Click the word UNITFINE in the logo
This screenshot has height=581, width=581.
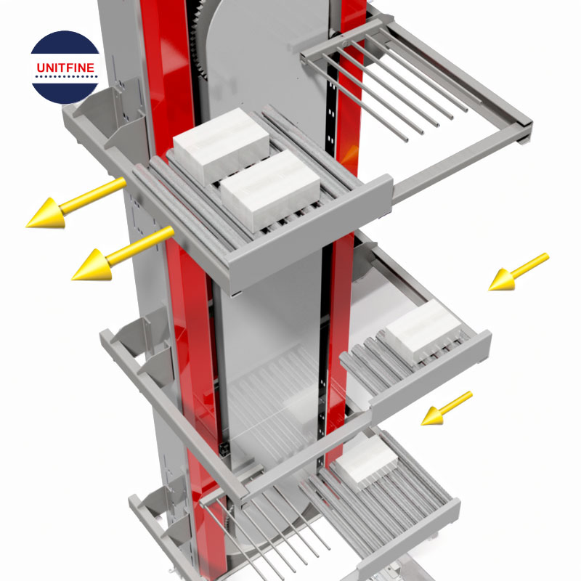click(65, 68)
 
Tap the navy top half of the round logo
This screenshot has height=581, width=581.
click(65, 46)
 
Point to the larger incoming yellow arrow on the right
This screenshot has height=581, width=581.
click(516, 272)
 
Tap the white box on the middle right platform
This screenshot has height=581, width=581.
click(421, 330)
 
